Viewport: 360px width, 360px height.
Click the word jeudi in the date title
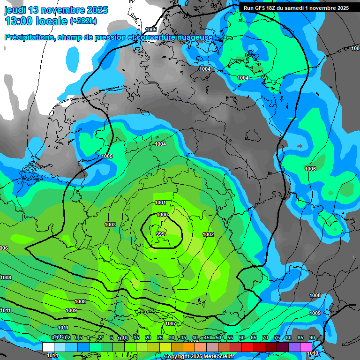tap(17, 10)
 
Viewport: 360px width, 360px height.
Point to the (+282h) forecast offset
tap(83, 21)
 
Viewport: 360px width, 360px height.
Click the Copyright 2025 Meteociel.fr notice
tap(199, 356)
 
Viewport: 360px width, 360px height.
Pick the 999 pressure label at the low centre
tap(160, 233)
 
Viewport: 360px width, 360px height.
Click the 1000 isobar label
tap(162, 215)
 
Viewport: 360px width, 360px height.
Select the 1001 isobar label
tap(160, 202)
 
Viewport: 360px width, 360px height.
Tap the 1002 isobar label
tap(208, 234)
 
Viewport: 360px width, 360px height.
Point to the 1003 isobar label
tap(110, 225)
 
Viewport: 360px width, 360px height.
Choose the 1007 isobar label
tap(171, 323)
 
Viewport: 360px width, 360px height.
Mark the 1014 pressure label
tap(52, 355)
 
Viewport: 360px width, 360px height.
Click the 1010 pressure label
tap(313, 353)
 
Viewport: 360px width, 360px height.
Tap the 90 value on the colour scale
tap(312, 337)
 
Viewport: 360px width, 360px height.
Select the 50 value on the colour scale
tap(218, 337)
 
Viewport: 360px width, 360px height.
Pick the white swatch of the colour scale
tap(48, 347)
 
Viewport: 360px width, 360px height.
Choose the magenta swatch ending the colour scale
tap(306, 347)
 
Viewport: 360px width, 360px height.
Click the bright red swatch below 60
tap(247, 347)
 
